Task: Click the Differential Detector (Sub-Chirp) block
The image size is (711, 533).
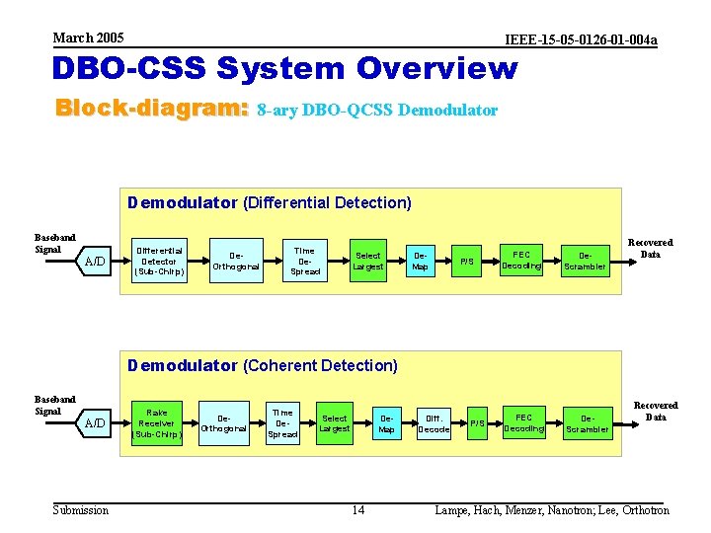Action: (159, 261)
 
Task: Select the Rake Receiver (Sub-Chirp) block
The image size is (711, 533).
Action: (157, 423)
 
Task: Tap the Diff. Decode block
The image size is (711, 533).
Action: (433, 423)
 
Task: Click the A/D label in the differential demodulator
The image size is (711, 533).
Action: (96, 262)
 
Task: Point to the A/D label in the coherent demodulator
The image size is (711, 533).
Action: (96, 423)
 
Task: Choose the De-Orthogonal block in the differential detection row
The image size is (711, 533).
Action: (237, 261)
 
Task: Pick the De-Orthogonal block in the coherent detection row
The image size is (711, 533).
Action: (224, 423)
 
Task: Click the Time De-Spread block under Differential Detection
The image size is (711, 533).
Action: (305, 261)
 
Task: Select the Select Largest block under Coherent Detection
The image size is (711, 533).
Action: (335, 423)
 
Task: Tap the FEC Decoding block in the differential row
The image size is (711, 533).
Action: (521, 260)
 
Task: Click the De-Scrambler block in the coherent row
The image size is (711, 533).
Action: (588, 424)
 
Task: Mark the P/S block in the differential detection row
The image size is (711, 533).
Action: (467, 262)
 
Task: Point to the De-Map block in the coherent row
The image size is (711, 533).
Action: (386, 423)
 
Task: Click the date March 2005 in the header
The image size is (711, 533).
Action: (89, 38)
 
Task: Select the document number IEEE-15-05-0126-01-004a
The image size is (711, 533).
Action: (581, 39)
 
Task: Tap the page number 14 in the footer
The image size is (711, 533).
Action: (358, 509)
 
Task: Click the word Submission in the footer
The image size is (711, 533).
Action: (81, 509)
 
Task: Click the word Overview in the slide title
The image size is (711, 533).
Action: (436, 69)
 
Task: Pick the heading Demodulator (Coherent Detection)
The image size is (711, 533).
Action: (263, 365)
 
